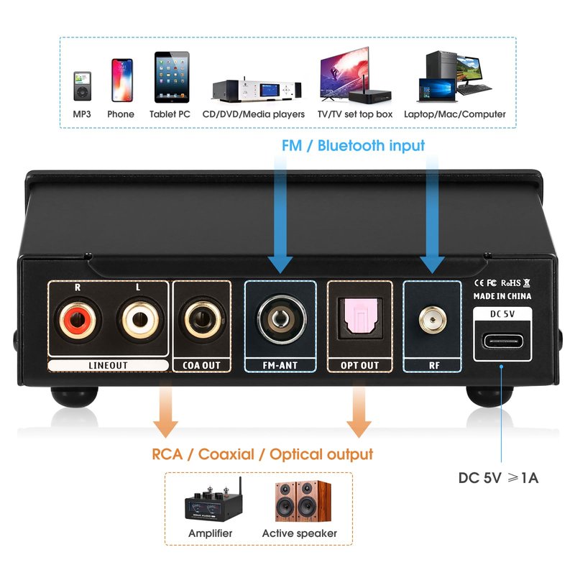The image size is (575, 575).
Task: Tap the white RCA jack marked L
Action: [137, 325]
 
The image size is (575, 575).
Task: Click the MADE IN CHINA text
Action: [502, 295]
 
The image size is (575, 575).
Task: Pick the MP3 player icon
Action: [81, 85]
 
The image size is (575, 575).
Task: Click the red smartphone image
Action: [121, 80]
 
